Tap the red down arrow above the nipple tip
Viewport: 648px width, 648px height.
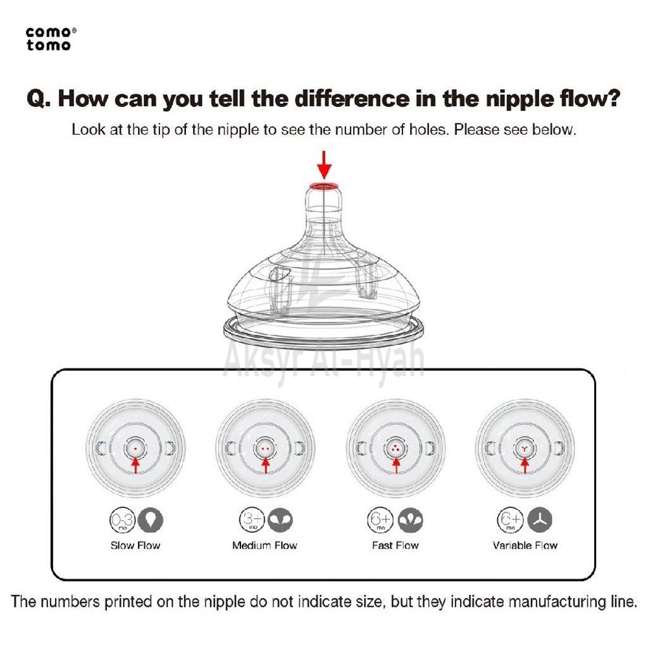point(325,165)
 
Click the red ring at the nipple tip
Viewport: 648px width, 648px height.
point(325,186)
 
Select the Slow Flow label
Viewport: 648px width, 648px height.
point(135,545)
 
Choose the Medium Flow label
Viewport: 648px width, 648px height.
point(265,545)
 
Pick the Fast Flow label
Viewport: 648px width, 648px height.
point(395,545)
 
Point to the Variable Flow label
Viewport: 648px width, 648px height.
point(525,545)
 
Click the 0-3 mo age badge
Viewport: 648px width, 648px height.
point(122,520)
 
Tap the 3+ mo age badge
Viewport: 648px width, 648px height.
point(252,520)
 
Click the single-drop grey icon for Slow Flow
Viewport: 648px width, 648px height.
point(151,520)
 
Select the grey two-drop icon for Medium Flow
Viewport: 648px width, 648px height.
point(280,520)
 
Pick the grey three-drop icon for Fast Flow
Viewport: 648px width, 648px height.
point(410,520)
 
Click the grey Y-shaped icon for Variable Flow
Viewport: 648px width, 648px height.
point(540,520)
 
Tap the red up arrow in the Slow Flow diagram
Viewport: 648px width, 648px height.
point(135,464)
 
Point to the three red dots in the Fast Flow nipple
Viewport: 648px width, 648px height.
point(396,448)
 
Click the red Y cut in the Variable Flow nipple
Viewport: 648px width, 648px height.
point(525,448)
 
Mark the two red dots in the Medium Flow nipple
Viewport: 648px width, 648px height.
point(265,449)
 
